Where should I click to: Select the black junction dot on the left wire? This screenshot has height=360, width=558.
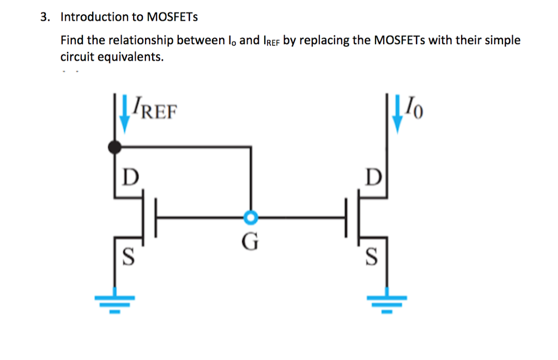[114, 147]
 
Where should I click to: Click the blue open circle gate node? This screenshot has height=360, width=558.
[250, 218]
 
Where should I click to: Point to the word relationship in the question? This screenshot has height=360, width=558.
[141, 41]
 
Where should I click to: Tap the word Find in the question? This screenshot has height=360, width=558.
[71, 41]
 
